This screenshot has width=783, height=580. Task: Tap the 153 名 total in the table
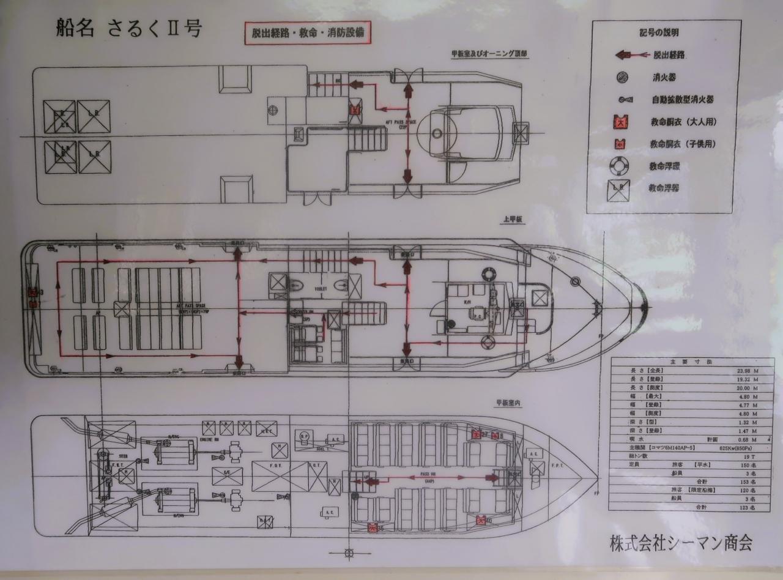(745, 482)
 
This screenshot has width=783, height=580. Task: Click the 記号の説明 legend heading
(659, 33)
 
